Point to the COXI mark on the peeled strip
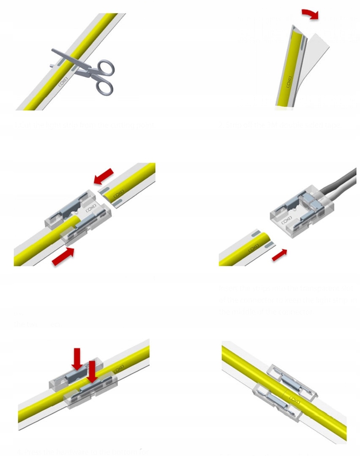(289, 82)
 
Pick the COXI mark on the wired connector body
(286, 219)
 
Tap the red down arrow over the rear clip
(77, 358)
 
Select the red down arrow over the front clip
(92, 371)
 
